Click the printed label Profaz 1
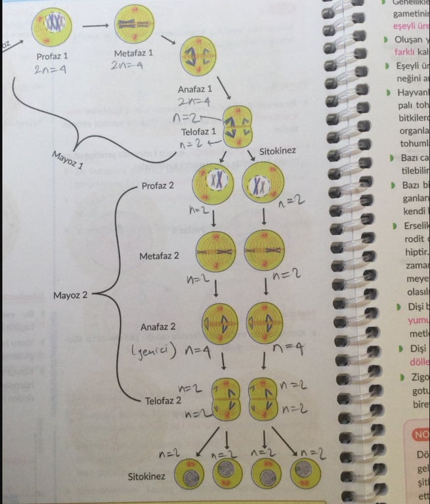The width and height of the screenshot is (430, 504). pyautogui.click(x=51, y=56)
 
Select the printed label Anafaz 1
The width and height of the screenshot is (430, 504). pyautogui.click(x=195, y=89)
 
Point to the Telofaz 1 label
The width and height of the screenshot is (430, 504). pyautogui.click(x=200, y=131)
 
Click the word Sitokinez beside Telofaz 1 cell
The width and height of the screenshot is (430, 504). pyautogui.click(x=277, y=151)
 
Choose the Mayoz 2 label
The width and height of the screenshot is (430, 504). pyautogui.click(x=70, y=295)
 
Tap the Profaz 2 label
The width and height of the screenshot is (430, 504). pyautogui.click(x=158, y=186)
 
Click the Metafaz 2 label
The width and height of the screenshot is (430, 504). pyautogui.click(x=159, y=256)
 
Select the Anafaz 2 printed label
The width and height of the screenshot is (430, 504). pyautogui.click(x=158, y=327)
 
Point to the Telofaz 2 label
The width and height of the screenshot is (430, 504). pyautogui.click(x=163, y=400)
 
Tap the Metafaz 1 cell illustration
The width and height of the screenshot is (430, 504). pyautogui.click(x=135, y=25)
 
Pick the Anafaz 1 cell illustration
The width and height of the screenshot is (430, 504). pyautogui.click(x=198, y=56)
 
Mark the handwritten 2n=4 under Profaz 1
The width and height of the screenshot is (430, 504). pyautogui.click(x=50, y=70)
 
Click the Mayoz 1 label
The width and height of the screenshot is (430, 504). pyautogui.click(x=67, y=159)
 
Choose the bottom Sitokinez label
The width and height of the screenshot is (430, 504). pyautogui.click(x=145, y=476)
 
